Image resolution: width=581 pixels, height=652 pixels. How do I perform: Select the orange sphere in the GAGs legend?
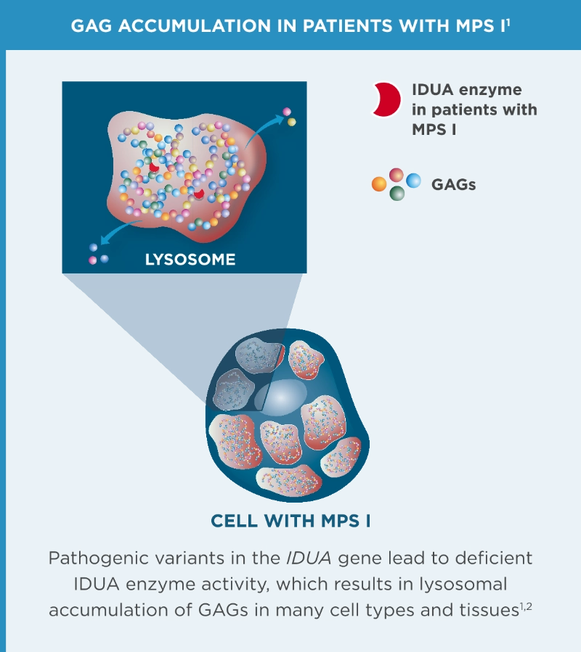point(378,184)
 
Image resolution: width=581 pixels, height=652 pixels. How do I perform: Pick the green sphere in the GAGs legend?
point(397,194)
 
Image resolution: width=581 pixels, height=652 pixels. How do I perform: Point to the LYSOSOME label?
point(190,259)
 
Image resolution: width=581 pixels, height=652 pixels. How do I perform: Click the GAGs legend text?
point(454,184)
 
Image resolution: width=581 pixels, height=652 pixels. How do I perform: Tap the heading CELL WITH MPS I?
point(290,520)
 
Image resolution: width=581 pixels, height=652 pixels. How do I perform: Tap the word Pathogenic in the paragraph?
point(92,559)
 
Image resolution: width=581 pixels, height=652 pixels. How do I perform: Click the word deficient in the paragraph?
point(497,559)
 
